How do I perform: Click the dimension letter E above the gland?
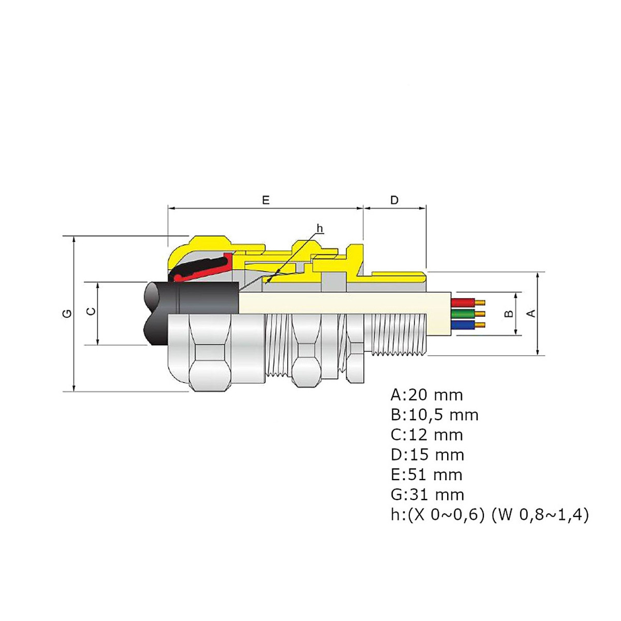(x=265, y=200)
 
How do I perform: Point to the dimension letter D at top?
(x=394, y=200)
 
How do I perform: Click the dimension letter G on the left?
(x=67, y=314)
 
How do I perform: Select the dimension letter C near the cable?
(x=90, y=312)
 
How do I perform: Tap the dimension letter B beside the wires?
(x=509, y=314)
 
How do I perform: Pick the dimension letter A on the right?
(x=530, y=314)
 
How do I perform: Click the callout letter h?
(x=319, y=229)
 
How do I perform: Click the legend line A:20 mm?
(x=426, y=395)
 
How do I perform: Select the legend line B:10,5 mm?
(x=434, y=415)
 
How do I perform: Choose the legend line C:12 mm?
(x=426, y=435)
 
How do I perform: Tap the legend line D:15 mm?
(x=427, y=455)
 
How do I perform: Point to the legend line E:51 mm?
(x=426, y=475)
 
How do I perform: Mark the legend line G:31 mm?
(x=427, y=495)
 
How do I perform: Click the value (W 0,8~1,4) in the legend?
(x=539, y=515)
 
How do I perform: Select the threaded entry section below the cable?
(x=396, y=336)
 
